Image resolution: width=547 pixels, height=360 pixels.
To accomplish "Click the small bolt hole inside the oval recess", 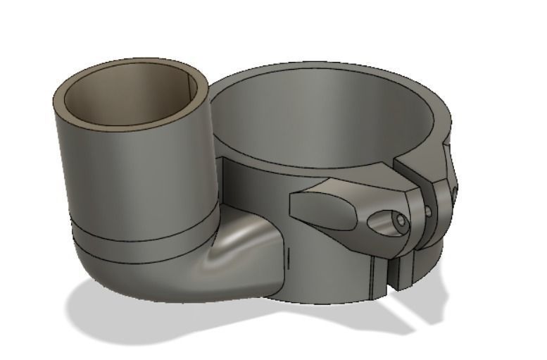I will tap(401, 221).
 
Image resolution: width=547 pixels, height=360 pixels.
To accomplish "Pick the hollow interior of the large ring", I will tap(331, 120).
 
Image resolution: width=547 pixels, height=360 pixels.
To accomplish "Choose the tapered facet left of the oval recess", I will tap(320, 215).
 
